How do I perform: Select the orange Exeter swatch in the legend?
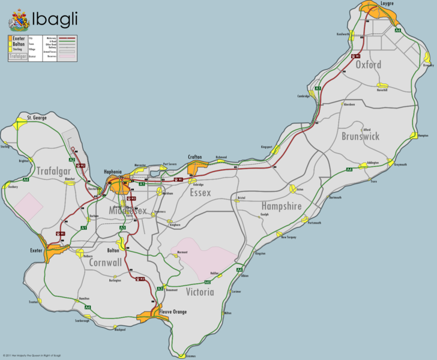tap(10, 38)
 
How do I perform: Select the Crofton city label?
tap(194, 157)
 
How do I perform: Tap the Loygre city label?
tap(387, 4)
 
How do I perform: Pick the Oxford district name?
tap(369, 64)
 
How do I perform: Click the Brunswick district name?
tap(360, 136)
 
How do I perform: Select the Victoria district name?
tap(200, 292)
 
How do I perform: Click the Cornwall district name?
tap(106, 262)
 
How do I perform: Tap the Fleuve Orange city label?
tap(173, 311)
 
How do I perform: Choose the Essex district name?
tap(200, 193)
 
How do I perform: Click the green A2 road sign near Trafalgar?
tap(71, 160)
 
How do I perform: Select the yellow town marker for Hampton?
tap(413, 136)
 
